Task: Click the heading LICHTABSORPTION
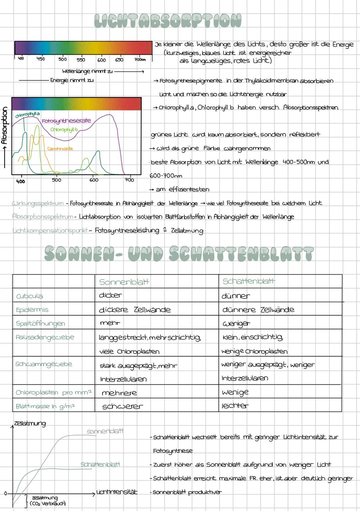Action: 168,21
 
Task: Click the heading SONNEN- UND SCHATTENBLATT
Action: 179,254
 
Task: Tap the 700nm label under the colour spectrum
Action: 140,60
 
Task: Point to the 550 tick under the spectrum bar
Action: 81,60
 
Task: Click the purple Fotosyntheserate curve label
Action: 66,121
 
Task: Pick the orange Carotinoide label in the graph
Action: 60,148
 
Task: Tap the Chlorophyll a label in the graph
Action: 27,114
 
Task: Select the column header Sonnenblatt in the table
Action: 124,282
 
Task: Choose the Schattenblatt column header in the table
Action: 249,281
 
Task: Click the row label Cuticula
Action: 29,296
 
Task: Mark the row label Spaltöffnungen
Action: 40,324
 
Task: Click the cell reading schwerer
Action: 122,406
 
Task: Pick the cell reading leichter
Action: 235,406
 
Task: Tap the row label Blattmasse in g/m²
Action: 45,406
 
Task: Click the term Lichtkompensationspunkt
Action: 50,230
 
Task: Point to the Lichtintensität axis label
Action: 117,492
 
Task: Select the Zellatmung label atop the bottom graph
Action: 30,424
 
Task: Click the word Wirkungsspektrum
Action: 38,203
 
